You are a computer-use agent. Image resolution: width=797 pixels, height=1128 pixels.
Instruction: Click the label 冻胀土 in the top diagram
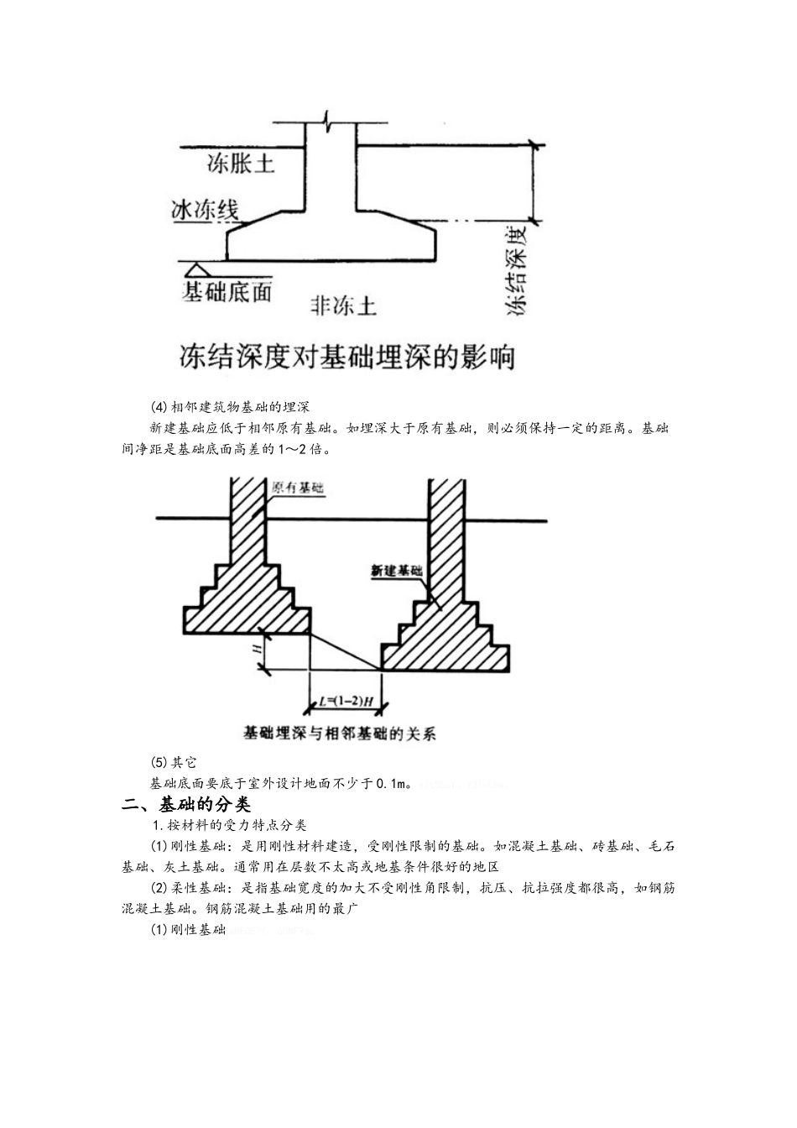click(241, 164)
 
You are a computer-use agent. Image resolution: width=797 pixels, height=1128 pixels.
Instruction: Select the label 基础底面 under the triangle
click(227, 292)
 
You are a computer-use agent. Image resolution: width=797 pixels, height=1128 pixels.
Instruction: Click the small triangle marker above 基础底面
click(197, 270)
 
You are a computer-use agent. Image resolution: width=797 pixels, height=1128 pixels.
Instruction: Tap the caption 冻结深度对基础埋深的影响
click(346, 358)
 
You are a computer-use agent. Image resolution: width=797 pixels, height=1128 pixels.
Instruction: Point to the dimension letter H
click(258, 646)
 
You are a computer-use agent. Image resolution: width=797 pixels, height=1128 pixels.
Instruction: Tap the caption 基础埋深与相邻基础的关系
click(339, 734)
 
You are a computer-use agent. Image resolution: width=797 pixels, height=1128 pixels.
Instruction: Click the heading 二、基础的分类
click(186, 805)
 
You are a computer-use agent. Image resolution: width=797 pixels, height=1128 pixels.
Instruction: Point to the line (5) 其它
click(173, 763)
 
